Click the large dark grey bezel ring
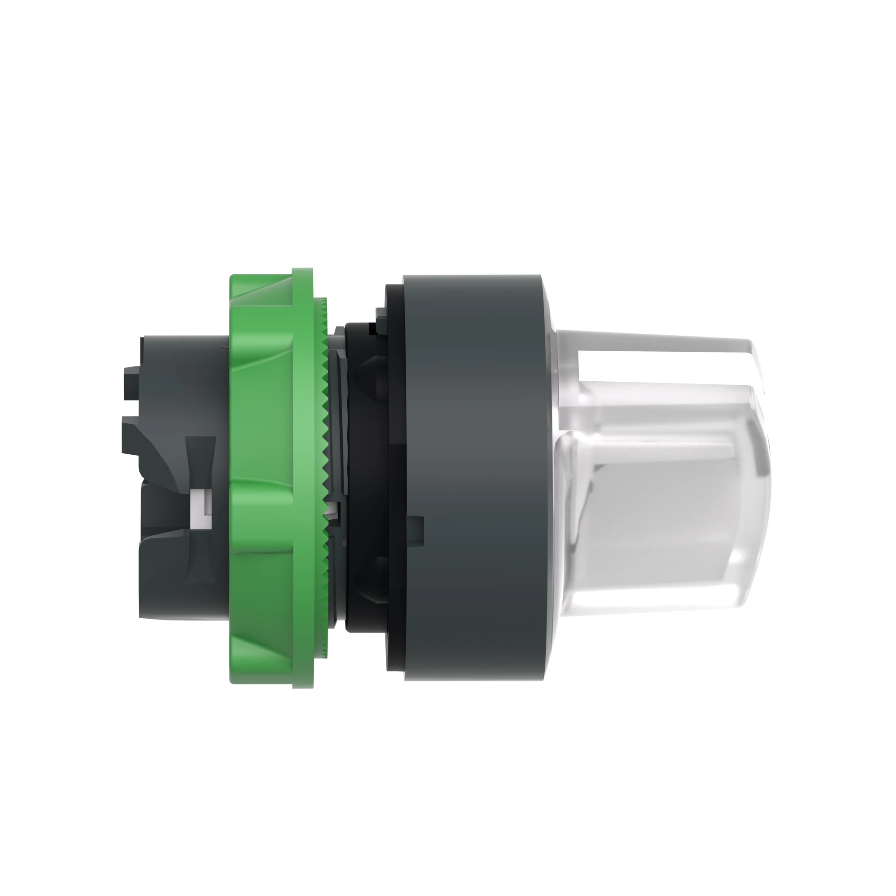pyautogui.click(x=473, y=478)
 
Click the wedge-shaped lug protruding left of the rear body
pyautogui.click(x=134, y=434)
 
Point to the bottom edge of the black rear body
pyautogui.click(x=185, y=617)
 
